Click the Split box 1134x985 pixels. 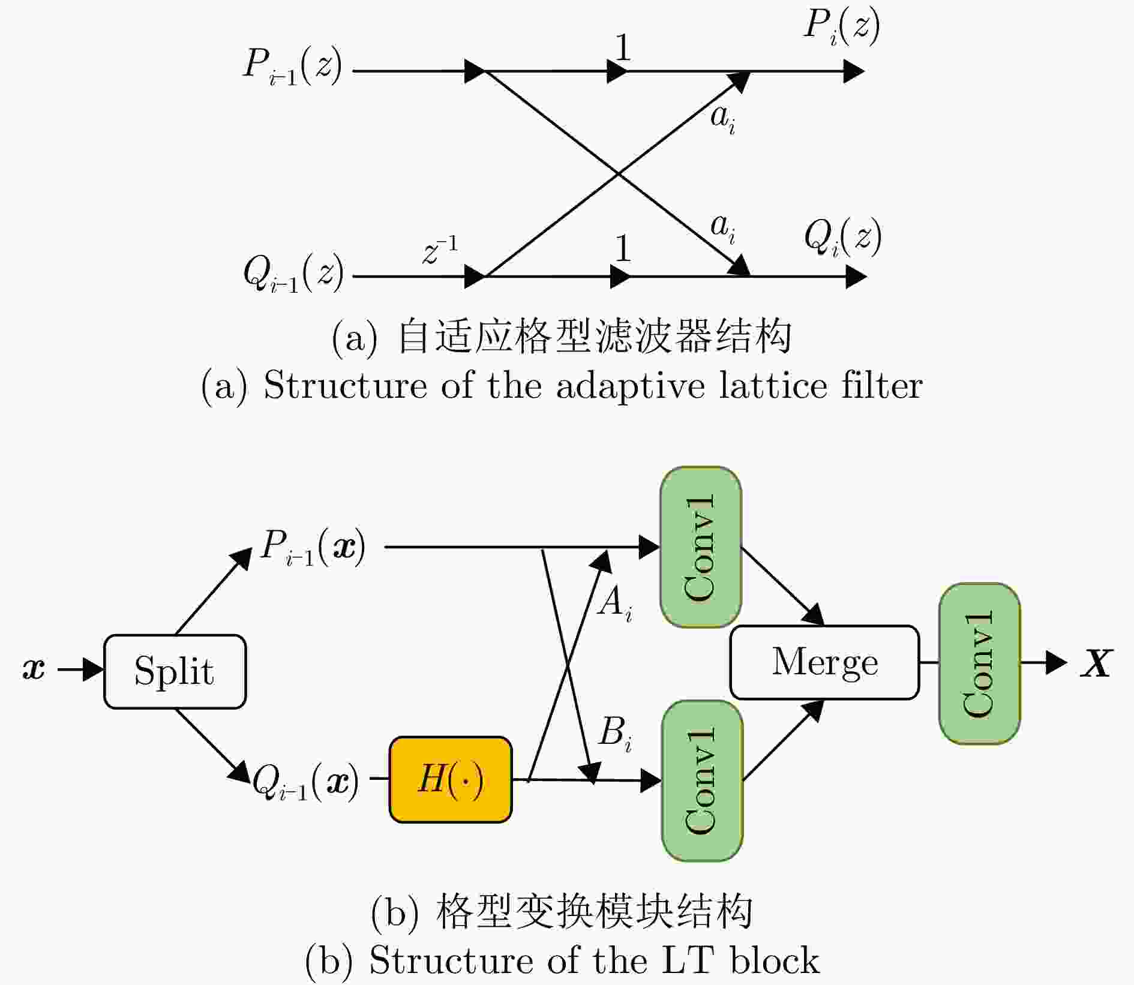[x=175, y=671]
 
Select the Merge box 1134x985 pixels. [x=824, y=662]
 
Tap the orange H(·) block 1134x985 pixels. [x=451, y=779]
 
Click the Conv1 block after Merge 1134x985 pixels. [x=979, y=663]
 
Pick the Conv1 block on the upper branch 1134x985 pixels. [x=701, y=546]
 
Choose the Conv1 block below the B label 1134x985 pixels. [x=702, y=780]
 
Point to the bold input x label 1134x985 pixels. [x=34, y=668]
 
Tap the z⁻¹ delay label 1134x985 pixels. [x=440, y=250]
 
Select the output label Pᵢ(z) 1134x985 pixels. [x=841, y=27]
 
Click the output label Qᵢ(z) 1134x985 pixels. [x=842, y=238]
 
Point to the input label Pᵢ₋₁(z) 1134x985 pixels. [x=292, y=66]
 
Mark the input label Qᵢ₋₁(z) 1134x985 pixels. [x=293, y=274]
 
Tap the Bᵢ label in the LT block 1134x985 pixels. [x=616, y=733]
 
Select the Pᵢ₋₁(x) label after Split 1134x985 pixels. [x=313, y=548]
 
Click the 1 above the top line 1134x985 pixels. [x=623, y=47]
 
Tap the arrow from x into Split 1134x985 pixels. [x=80, y=669]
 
